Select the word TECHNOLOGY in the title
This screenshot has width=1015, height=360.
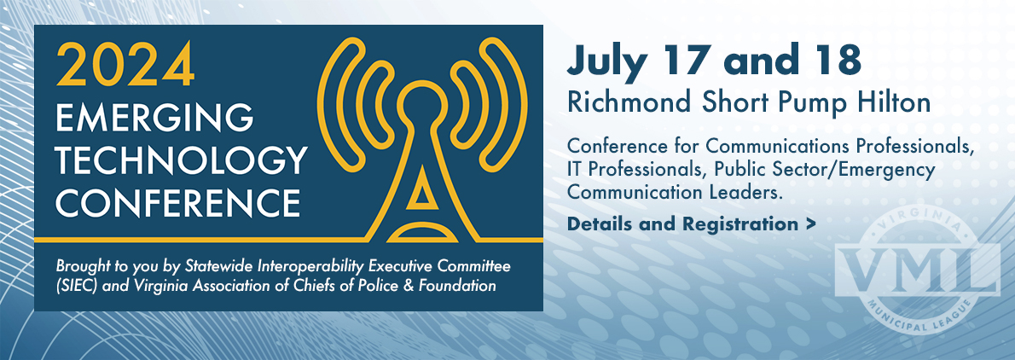pos(180,161)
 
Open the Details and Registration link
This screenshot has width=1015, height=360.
pos(691,224)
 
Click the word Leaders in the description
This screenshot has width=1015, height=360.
pos(748,193)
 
